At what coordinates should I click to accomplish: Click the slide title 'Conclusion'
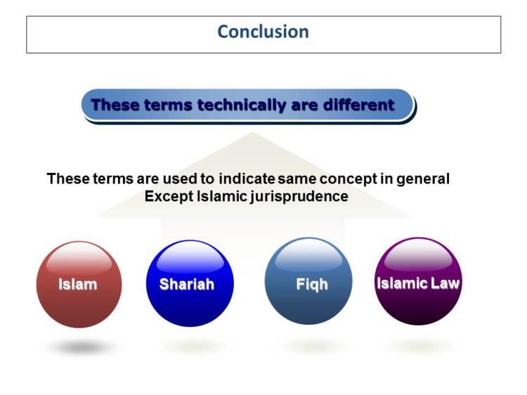coord(263,32)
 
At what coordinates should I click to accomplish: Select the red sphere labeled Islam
coord(79,285)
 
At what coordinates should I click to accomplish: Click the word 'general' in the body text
coord(422,179)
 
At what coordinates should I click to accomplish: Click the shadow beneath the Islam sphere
coord(81,347)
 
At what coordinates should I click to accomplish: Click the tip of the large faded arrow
coord(252,134)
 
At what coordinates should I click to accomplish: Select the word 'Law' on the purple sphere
coord(444,284)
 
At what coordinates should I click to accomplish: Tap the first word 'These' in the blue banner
coord(116,105)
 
